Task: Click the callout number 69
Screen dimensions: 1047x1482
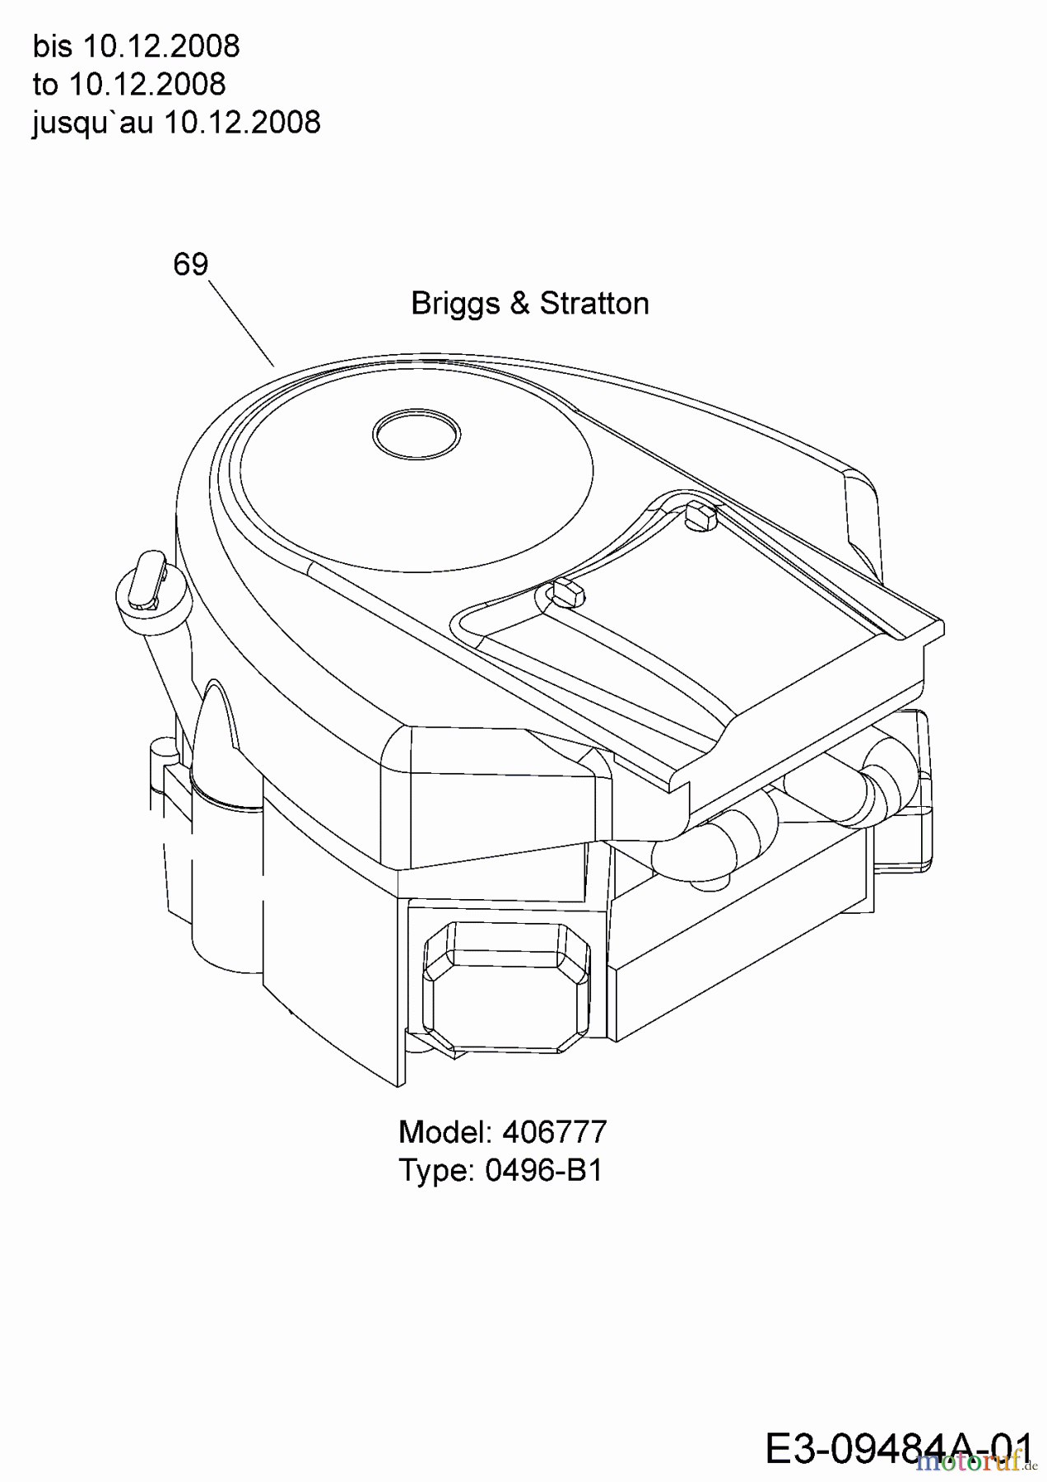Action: (x=190, y=264)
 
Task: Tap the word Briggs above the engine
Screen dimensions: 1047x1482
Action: (x=455, y=304)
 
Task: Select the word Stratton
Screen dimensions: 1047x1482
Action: (x=594, y=303)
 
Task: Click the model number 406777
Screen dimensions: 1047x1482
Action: (x=554, y=1132)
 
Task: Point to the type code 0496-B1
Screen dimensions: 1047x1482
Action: (x=544, y=1170)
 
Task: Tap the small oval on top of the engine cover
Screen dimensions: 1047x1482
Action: (x=416, y=432)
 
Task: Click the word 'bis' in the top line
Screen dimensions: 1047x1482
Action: (x=53, y=46)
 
